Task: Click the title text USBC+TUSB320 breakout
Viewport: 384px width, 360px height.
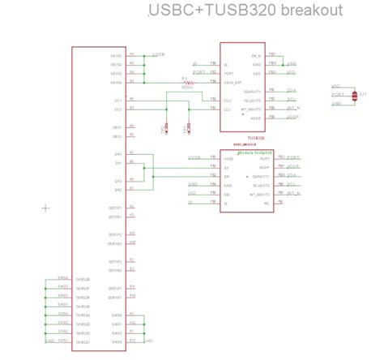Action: pyautogui.click(x=245, y=11)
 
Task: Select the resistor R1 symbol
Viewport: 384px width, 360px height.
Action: pyautogui.click(x=186, y=82)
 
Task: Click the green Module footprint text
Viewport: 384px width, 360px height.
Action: pyautogui.click(x=253, y=152)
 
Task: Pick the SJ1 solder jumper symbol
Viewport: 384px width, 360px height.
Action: pyautogui.click(x=361, y=96)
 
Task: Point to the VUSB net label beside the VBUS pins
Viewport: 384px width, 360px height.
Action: pyautogui.click(x=158, y=54)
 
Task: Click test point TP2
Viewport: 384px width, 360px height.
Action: pyautogui.click(x=186, y=127)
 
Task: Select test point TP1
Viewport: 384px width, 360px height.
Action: pyautogui.click(x=165, y=127)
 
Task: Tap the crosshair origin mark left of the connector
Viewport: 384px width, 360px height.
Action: pyautogui.click(x=45, y=208)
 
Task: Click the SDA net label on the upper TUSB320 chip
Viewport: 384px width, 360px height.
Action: pyautogui.click(x=292, y=91)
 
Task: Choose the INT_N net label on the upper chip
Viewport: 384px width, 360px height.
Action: pyautogui.click(x=294, y=109)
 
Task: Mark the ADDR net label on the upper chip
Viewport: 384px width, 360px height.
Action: pyautogui.click(x=292, y=118)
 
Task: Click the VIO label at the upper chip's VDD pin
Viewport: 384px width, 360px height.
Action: pyautogui.click(x=194, y=62)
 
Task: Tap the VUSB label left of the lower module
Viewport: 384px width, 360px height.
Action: pyautogui.click(x=194, y=157)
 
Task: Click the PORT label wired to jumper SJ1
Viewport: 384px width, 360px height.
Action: pyautogui.click(x=338, y=94)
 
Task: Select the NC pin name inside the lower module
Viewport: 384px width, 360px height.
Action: pyautogui.click(x=266, y=203)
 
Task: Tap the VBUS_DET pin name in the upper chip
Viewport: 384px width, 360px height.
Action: pyautogui.click(x=233, y=82)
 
